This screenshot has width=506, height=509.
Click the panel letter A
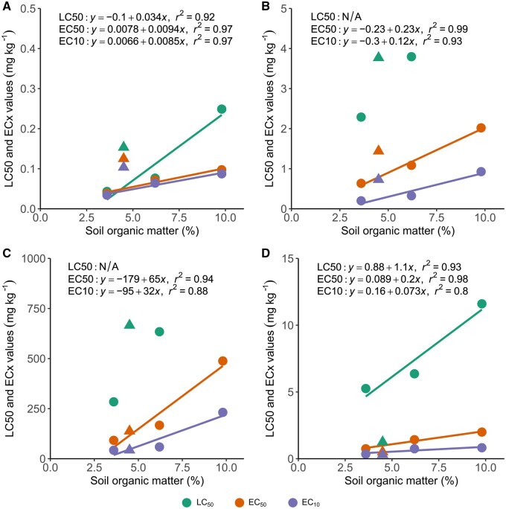7,6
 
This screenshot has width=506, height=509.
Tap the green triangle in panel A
124,147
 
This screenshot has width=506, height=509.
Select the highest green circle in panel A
222,109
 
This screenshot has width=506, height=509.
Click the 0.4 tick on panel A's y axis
28,48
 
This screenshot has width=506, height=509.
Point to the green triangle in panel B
379,57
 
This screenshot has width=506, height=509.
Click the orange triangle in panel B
379,150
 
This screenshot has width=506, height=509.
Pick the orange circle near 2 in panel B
481,128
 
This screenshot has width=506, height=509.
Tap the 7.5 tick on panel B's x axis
436,217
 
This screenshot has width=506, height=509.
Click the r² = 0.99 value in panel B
448,28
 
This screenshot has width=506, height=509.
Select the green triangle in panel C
129,324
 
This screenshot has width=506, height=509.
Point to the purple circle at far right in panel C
222,412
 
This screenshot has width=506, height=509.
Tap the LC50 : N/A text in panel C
93,267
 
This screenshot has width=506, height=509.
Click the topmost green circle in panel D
481,304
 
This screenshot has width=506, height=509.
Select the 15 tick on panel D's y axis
287,258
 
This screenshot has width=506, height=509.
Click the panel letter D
265,252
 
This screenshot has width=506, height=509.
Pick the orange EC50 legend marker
239,502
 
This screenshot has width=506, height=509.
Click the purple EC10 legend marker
292,502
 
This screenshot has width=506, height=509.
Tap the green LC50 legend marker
187,502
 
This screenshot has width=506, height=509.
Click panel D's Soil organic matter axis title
401,481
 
